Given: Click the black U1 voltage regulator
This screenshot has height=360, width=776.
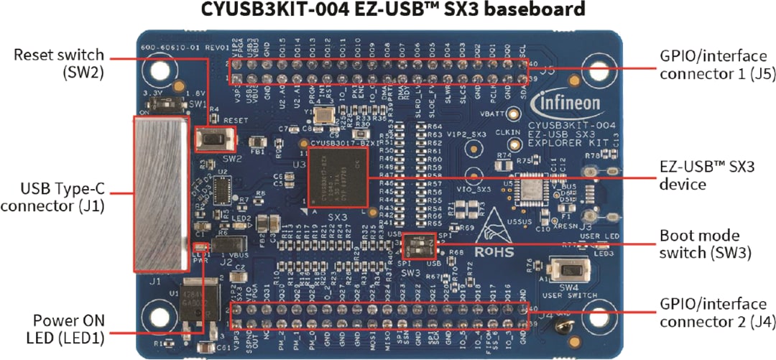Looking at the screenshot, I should tap(197, 297).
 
